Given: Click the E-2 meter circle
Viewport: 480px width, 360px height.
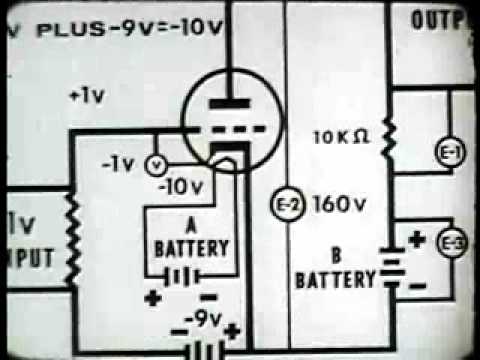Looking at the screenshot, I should click(x=285, y=205).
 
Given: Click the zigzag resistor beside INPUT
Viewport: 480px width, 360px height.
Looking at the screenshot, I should click(x=71, y=236).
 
